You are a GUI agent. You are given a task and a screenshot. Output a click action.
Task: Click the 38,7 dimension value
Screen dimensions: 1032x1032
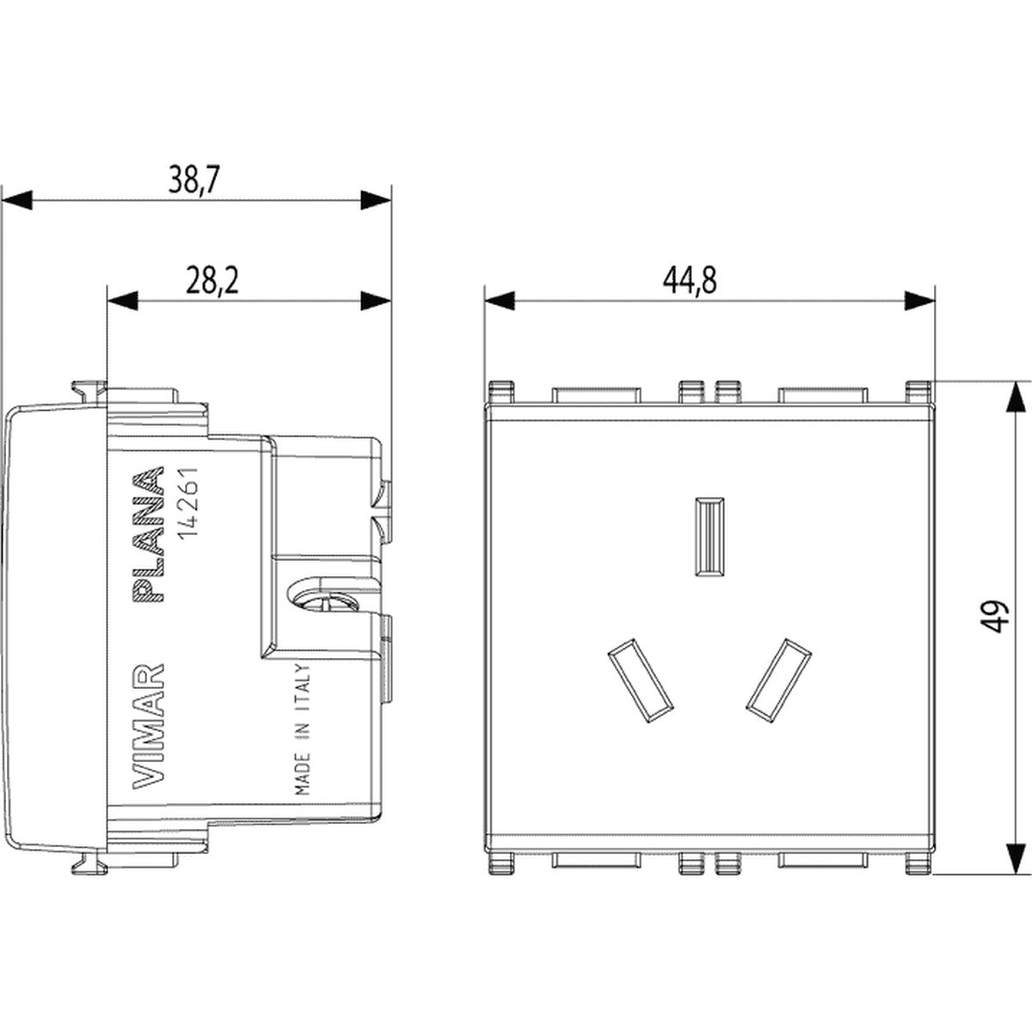[193, 180]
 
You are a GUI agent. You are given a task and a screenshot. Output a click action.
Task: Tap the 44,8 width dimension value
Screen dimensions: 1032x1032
[690, 280]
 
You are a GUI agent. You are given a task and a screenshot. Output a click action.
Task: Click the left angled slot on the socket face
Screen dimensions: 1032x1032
[640, 680]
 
